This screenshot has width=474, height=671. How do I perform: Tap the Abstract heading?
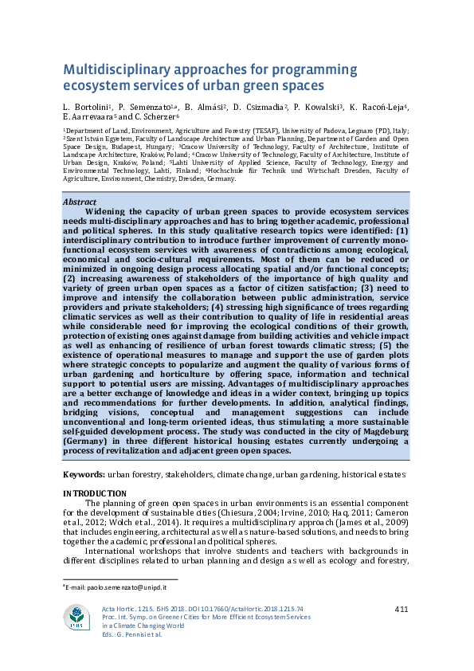pos(80,202)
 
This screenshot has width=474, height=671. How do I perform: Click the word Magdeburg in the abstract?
pos(378,431)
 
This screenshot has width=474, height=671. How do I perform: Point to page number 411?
pos(401,610)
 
